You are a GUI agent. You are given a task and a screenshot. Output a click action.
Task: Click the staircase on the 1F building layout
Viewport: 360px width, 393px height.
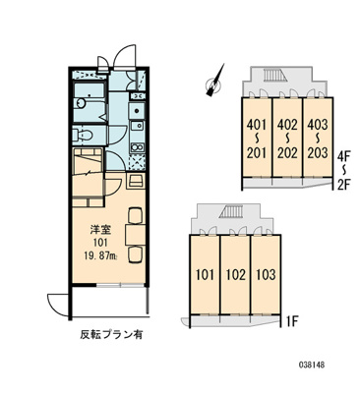[231, 214]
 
